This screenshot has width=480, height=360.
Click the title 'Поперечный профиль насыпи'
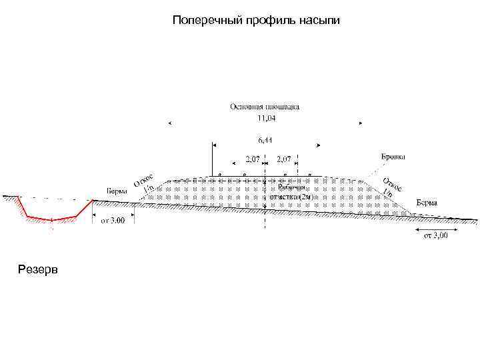tap(256, 21)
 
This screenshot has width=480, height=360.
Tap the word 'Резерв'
tap(39, 269)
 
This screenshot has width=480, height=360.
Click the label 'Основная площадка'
tap(265, 106)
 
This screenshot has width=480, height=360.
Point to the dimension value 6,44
tap(265, 141)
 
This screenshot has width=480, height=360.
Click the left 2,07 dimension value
tap(253, 159)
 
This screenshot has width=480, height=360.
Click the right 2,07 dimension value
tap(284, 159)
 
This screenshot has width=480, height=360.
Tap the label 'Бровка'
tap(393, 157)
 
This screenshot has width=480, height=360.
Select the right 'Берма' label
tap(427, 202)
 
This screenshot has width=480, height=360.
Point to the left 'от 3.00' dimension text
tap(113, 221)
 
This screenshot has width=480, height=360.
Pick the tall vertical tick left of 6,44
tap(213, 159)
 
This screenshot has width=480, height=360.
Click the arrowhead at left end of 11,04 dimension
tap(169, 123)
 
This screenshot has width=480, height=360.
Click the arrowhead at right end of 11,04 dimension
tap(361, 123)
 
